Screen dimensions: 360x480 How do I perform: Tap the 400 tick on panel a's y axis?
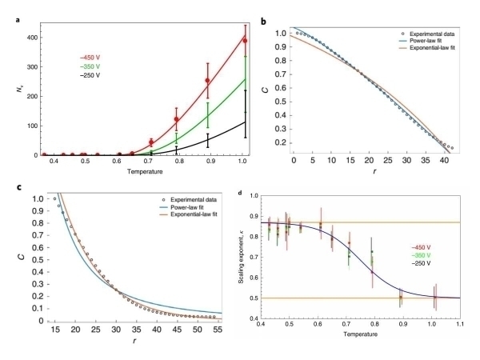coord(26,38)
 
